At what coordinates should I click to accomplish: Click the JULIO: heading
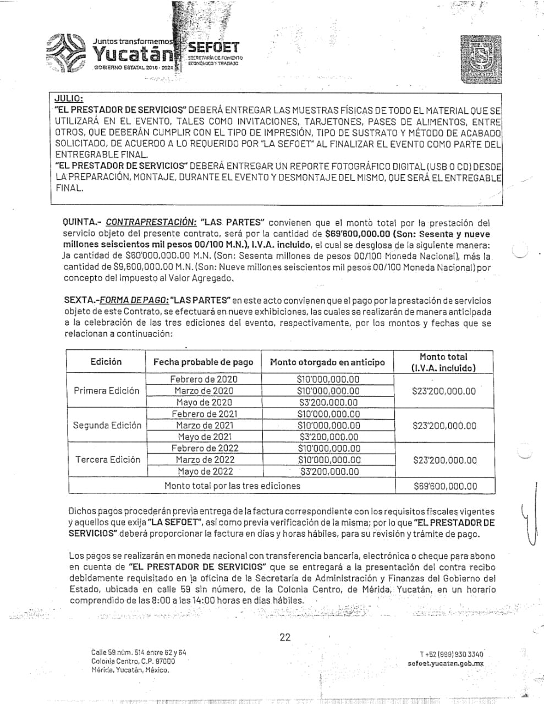(x=69, y=99)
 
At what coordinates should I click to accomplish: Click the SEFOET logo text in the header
(x=213, y=48)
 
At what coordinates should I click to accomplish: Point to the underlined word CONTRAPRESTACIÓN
(x=151, y=223)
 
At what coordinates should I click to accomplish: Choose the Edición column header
(x=106, y=362)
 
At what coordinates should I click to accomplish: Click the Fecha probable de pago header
(x=203, y=362)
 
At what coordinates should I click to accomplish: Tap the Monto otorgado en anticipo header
(x=327, y=362)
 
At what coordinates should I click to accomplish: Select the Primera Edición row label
(x=107, y=391)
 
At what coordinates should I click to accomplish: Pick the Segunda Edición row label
(x=107, y=425)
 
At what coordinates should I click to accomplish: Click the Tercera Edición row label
(x=108, y=460)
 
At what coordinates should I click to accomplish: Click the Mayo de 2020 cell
(x=204, y=402)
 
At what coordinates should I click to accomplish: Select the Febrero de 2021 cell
(x=205, y=414)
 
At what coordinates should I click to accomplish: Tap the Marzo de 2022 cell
(x=205, y=460)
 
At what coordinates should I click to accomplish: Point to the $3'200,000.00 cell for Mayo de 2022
(x=329, y=471)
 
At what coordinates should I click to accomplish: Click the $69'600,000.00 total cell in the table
(x=445, y=486)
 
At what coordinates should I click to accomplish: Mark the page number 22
(x=285, y=637)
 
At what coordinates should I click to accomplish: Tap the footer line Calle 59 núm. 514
(x=139, y=652)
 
